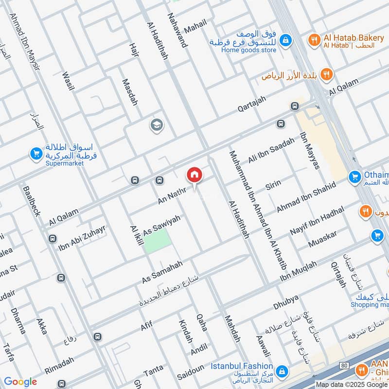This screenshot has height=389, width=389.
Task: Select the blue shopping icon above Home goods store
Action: (x=285, y=39)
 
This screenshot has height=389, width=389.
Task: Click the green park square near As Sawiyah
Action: (x=157, y=240)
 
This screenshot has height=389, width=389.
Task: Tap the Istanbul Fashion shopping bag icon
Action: (x=281, y=372)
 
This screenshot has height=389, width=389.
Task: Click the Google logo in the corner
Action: (x=20, y=381)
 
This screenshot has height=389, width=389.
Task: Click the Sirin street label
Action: (x=273, y=186)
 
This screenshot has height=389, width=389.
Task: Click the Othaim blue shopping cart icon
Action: (x=355, y=177)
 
